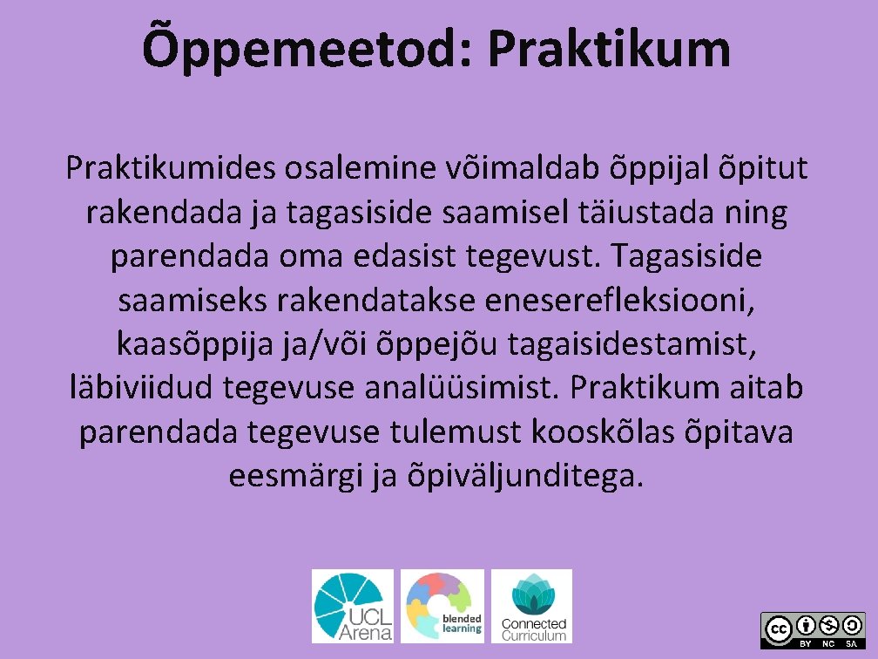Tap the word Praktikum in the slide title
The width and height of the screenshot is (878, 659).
[609, 48]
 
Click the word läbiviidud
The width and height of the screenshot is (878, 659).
[142, 389]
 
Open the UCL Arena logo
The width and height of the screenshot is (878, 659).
[353, 606]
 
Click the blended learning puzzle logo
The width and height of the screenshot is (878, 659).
[442, 606]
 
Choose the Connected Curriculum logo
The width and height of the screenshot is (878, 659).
[532, 606]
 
